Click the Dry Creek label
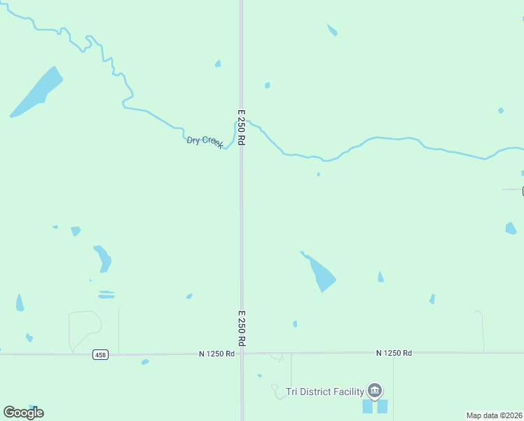(205, 141)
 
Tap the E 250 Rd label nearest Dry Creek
(241, 127)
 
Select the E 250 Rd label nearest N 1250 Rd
(241, 328)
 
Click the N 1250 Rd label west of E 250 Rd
(216, 354)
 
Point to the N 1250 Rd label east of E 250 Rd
(394, 353)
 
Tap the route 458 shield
(100, 355)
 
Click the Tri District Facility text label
(326, 392)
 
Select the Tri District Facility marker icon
(375, 390)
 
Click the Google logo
(23, 413)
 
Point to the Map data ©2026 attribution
(495, 415)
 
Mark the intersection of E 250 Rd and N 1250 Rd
(242, 354)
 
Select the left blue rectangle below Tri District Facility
(368, 406)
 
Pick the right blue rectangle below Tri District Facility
(382, 406)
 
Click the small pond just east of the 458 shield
(145, 362)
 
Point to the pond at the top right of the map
(332, 30)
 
